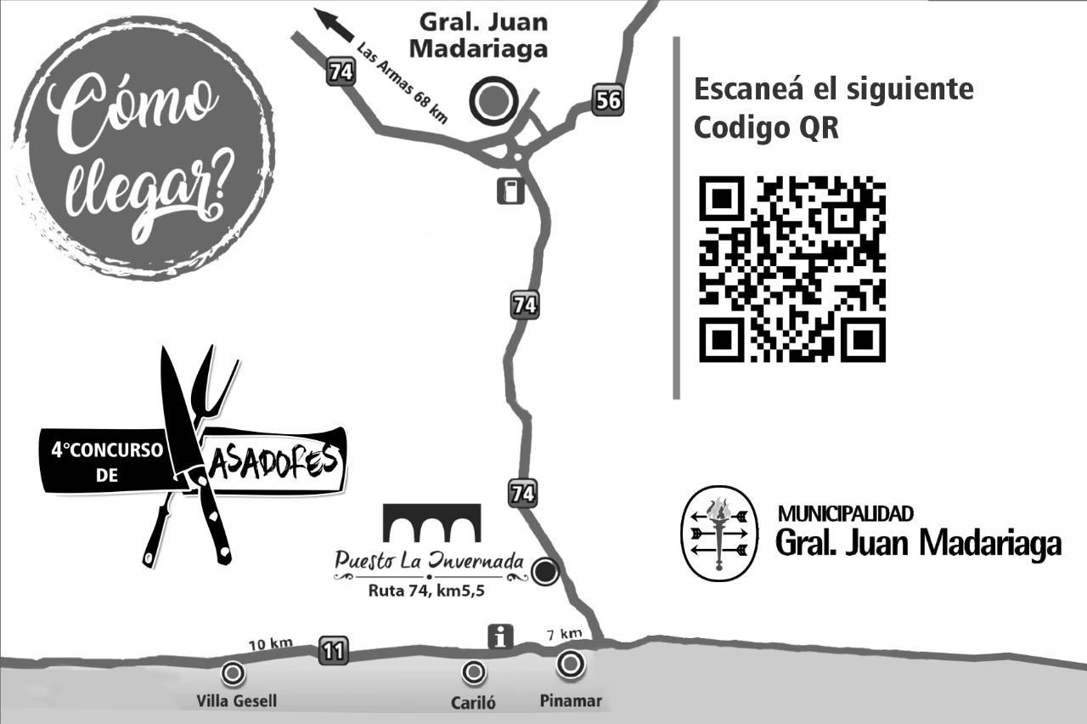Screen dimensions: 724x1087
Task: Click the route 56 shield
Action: tap(608, 100)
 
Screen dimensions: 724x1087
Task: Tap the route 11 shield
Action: tap(333, 651)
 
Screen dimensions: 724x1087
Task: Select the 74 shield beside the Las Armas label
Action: tap(341, 72)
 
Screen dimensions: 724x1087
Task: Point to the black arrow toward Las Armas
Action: tap(334, 24)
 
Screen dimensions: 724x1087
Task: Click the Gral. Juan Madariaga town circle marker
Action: tap(493, 101)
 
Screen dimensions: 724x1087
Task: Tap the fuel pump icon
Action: tap(510, 190)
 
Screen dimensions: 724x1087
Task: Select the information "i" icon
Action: tap(500, 636)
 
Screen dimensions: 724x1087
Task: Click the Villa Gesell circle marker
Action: tap(232, 674)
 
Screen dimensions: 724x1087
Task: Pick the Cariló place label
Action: tap(473, 703)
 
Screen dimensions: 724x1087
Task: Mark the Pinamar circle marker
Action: tap(571, 663)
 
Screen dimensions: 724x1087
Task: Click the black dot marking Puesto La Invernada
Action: tap(545, 572)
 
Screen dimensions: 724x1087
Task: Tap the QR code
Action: tap(792, 269)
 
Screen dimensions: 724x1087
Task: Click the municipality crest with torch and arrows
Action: tap(720, 533)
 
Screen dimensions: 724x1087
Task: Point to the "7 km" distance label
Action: tap(564, 633)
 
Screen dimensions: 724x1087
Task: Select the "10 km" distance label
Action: tap(270, 644)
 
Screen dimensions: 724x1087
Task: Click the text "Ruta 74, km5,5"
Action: tap(426, 591)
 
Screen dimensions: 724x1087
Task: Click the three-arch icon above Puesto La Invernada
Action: tap(431, 523)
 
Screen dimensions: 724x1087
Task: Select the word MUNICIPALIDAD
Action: tap(846, 513)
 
